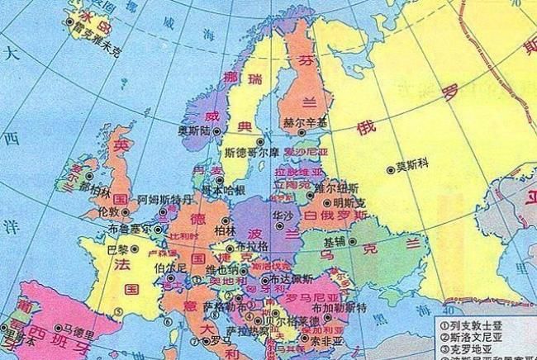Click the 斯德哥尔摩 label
(x=254, y=153)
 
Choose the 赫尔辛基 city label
(x=305, y=124)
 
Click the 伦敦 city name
(x=108, y=211)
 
